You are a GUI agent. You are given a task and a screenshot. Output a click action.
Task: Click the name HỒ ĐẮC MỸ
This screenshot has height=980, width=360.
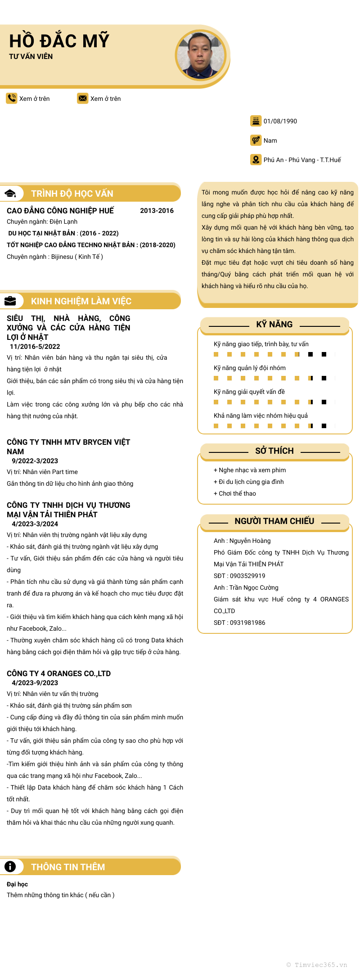[x=59, y=41]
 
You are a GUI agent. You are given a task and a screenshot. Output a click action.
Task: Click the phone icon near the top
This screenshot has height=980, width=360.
[x=11, y=98]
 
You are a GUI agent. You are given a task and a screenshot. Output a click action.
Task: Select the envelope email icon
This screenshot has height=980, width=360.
[x=82, y=98]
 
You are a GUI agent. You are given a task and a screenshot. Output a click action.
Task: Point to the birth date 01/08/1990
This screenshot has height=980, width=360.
[x=280, y=121]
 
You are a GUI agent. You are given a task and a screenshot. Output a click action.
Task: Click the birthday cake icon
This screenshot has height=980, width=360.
[x=256, y=121]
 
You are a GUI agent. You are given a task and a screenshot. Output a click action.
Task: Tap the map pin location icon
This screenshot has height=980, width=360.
[x=256, y=159]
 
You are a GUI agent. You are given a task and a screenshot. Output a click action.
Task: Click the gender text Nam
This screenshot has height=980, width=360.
[x=270, y=140]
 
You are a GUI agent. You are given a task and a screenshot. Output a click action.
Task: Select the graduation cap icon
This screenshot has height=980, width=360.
[x=10, y=194]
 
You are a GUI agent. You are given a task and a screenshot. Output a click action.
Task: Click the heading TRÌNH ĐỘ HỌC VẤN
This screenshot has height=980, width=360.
[x=72, y=194]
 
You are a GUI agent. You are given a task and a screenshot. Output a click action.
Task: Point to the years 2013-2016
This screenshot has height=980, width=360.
[x=157, y=211]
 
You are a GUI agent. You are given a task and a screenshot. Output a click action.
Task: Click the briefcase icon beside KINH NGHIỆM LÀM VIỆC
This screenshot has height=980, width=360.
[x=10, y=301]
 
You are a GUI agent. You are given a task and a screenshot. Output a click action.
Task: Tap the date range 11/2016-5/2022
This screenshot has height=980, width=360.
[x=35, y=347]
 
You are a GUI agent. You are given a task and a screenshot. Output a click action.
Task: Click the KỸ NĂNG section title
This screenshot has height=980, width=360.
[x=274, y=325]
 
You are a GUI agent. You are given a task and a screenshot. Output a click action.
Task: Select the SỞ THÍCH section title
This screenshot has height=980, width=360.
[x=274, y=451]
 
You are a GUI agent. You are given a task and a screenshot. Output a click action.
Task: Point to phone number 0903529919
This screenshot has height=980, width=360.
[x=247, y=576]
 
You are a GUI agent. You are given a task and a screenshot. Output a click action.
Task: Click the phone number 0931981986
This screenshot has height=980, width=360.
[x=247, y=623]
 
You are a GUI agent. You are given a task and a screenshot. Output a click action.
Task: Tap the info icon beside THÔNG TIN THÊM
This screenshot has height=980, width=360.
[x=10, y=867]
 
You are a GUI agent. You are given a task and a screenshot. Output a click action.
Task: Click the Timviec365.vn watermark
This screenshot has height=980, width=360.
[x=317, y=965]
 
